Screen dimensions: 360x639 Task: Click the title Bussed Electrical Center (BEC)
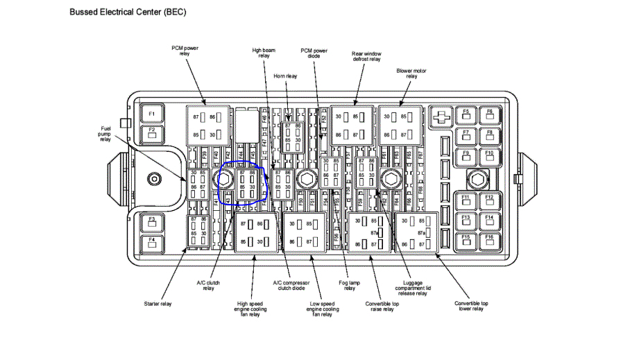[128, 12]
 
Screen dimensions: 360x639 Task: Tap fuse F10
[489, 154]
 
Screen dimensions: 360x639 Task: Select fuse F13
[466, 220]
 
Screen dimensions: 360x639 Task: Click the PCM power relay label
[186, 51]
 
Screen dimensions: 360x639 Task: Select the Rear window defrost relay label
[366, 56]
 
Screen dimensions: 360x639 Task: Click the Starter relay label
[159, 304]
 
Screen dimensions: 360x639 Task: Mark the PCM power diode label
[314, 53]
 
